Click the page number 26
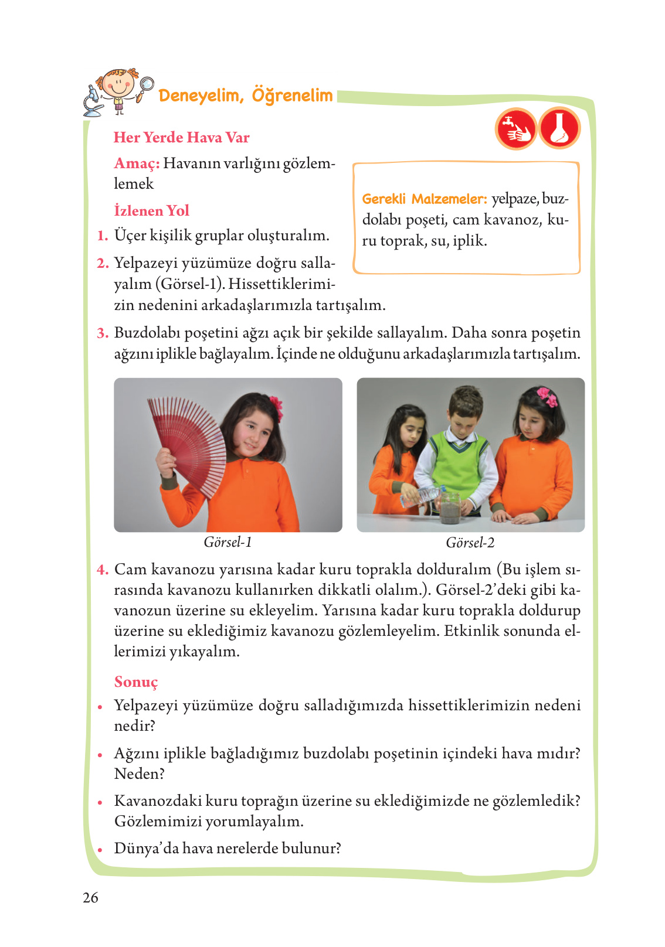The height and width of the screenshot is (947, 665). [91, 897]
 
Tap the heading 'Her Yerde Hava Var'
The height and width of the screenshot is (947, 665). [181, 137]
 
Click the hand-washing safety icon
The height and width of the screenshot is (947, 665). [515, 128]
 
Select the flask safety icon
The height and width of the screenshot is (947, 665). [559, 128]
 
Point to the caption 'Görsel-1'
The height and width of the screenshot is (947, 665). [228, 542]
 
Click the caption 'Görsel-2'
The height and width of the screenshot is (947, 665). [470, 543]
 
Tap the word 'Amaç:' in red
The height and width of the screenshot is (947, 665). [137, 163]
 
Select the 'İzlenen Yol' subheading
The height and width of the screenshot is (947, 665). [151, 210]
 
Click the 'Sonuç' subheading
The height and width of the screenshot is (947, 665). [136, 682]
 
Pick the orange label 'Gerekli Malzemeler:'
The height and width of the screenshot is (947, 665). [424, 199]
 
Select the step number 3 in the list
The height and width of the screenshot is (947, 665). [103, 333]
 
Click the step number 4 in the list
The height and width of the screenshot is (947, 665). [103, 570]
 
